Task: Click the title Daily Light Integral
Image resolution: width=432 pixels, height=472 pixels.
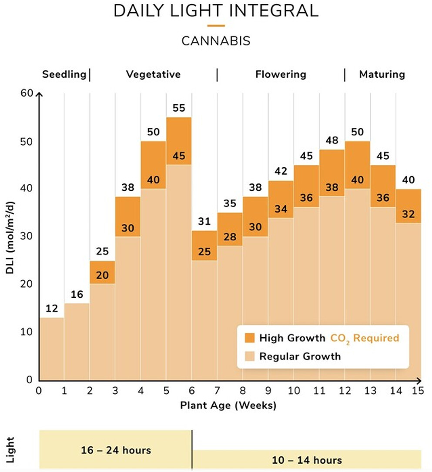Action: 216,11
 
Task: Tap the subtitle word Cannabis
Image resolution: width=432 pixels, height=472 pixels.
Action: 216,41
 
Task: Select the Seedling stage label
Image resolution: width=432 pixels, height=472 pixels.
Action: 64,74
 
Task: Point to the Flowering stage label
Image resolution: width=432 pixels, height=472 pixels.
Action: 281,74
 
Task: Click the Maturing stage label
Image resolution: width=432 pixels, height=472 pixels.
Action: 382,74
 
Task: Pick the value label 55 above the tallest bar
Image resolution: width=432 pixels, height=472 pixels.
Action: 179,108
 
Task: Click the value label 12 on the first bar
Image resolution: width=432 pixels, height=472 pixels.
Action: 52,309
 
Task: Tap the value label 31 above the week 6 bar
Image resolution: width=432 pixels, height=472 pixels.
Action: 204,221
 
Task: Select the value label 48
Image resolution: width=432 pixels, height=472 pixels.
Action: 332,140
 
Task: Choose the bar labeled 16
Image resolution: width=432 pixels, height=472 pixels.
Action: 77,343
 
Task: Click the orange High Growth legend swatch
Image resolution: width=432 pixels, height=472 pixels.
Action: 250,338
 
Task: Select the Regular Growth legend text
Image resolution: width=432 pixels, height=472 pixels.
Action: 300,357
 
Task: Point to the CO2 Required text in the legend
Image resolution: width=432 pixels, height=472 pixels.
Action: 364,338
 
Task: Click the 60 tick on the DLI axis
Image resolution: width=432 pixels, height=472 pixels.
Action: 27,94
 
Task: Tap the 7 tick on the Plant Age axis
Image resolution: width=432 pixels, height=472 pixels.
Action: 217,391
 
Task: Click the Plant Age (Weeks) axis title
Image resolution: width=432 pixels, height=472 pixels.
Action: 228,406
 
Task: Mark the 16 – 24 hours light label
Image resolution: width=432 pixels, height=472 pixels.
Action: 116,450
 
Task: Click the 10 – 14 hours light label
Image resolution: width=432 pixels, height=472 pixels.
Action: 307,460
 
